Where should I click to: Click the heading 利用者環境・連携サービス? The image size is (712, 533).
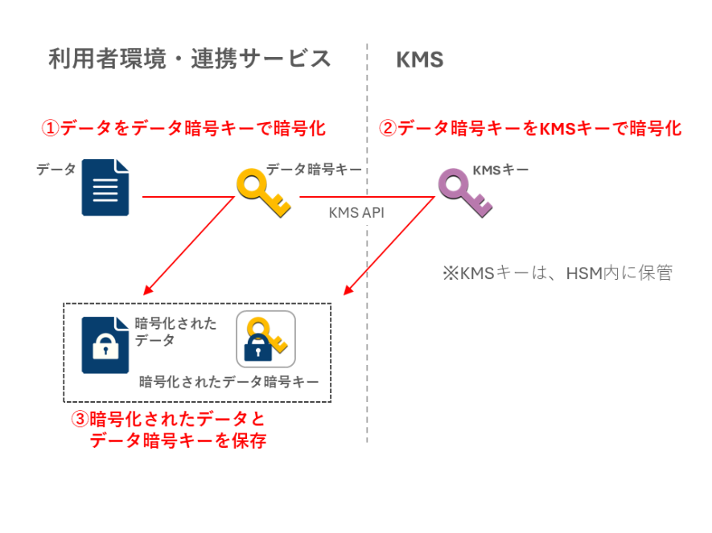189,59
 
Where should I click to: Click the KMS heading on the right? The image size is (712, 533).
419,60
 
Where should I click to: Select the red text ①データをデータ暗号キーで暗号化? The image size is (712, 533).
183,128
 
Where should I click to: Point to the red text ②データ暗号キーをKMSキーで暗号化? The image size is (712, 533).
530,128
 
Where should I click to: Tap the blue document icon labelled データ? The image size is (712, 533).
105,187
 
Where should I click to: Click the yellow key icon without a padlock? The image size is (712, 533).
262,192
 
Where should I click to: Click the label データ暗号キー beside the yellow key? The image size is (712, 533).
314,170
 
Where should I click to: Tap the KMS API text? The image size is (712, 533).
356,213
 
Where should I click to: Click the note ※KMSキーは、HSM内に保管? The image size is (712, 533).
556,273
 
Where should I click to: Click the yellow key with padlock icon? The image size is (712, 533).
265,338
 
